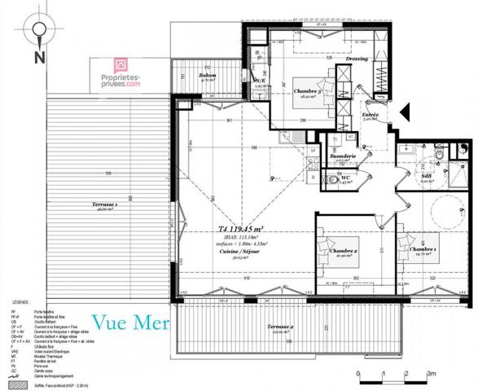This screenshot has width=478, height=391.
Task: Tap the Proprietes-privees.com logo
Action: pyautogui.click(x=121, y=72)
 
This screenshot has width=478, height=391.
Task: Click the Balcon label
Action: pyautogui.click(x=208, y=76)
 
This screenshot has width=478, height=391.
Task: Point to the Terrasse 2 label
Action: pyautogui.click(x=280, y=328)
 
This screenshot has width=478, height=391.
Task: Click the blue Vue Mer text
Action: pyautogui.click(x=130, y=322)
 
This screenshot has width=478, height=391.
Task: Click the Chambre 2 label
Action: pyautogui.click(x=344, y=253)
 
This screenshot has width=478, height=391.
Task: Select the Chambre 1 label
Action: pyautogui.click(x=423, y=248)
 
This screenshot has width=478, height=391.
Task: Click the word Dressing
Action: pyautogui.click(x=357, y=59)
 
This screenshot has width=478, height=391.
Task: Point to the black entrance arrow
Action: pyautogui.click(x=405, y=111)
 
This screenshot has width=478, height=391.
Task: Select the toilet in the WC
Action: pyautogui.click(x=335, y=177)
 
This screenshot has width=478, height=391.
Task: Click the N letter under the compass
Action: pyautogui.click(x=37, y=57)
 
